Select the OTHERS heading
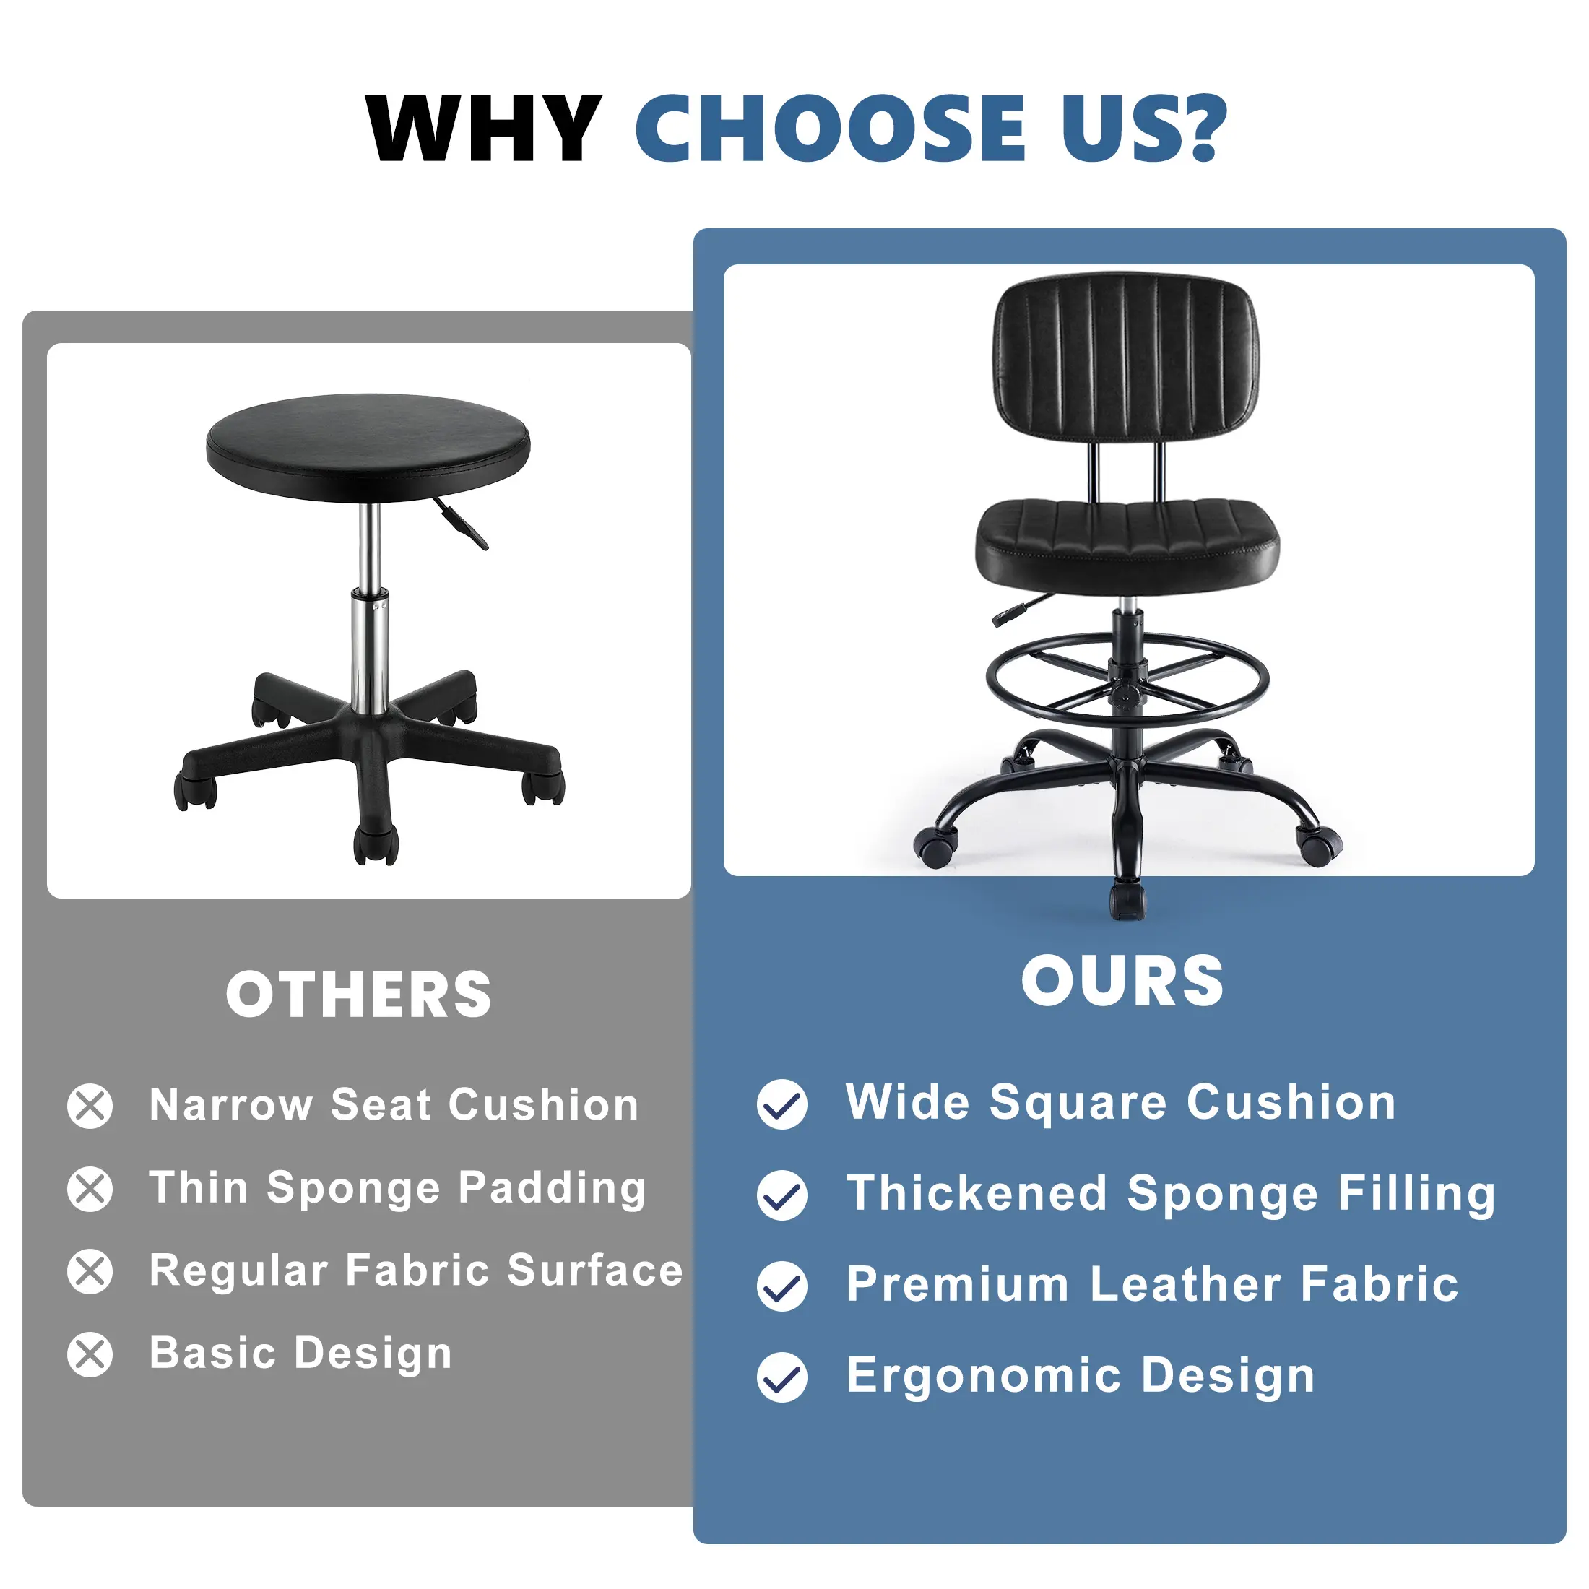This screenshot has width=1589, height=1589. (358, 995)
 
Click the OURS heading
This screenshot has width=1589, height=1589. (1122, 981)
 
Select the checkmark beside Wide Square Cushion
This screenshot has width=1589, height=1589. (782, 1104)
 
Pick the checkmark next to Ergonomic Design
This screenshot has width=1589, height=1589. (782, 1377)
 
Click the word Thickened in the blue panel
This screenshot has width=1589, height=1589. (977, 1193)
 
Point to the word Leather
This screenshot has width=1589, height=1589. (1186, 1285)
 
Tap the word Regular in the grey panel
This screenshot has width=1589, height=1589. (238, 1271)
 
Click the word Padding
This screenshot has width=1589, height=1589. (552, 1190)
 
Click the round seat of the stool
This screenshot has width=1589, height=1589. (368, 446)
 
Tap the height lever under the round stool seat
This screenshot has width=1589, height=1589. (461, 522)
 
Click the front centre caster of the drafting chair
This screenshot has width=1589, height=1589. (1127, 901)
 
